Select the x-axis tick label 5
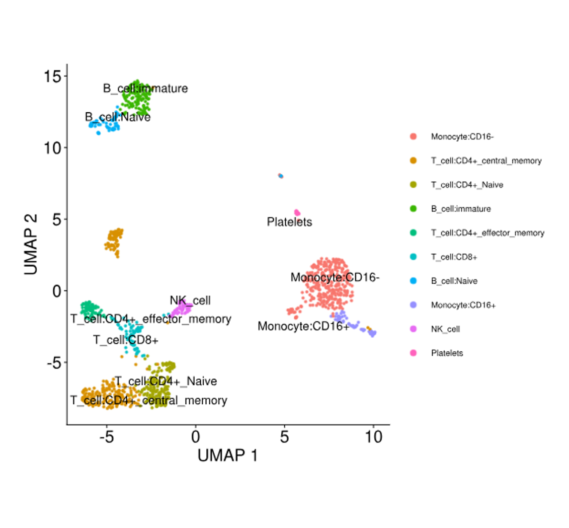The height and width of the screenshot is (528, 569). click(x=284, y=437)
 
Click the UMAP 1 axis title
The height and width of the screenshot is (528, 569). click(x=228, y=455)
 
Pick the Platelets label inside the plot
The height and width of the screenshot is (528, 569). click(x=289, y=222)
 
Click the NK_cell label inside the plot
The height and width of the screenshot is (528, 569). click(x=190, y=301)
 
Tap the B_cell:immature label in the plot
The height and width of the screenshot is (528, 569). click(x=145, y=88)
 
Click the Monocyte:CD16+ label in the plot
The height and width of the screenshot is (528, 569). click(x=304, y=326)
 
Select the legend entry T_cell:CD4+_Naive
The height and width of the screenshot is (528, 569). click(x=467, y=185)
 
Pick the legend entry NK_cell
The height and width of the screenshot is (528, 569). click(x=445, y=329)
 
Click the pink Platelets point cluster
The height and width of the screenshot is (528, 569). click(x=297, y=213)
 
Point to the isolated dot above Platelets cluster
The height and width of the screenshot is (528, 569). click(x=281, y=176)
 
